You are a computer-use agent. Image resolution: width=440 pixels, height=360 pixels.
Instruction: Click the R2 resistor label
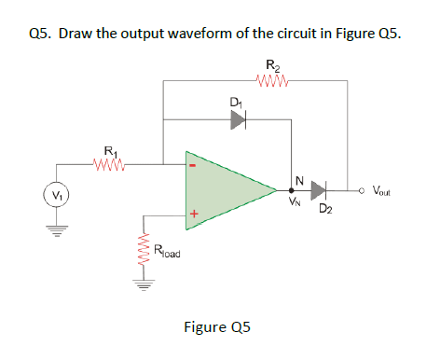tap(271, 64)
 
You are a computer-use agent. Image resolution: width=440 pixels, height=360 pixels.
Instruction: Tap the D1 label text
tap(233, 101)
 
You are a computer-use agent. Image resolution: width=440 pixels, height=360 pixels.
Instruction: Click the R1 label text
tap(110, 150)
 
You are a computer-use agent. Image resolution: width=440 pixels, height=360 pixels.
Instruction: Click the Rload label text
tap(171, 249)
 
